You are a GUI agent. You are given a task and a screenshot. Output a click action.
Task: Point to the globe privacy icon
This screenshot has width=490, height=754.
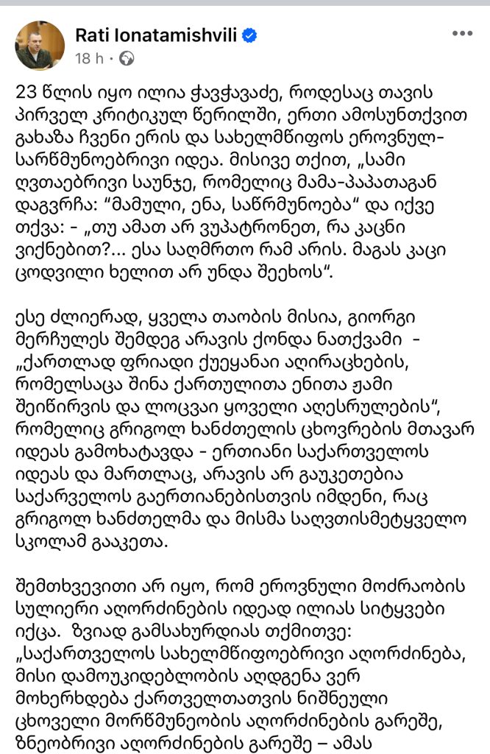pos(127,57)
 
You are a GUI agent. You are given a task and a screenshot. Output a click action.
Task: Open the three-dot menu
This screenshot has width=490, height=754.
pos(462,34)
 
